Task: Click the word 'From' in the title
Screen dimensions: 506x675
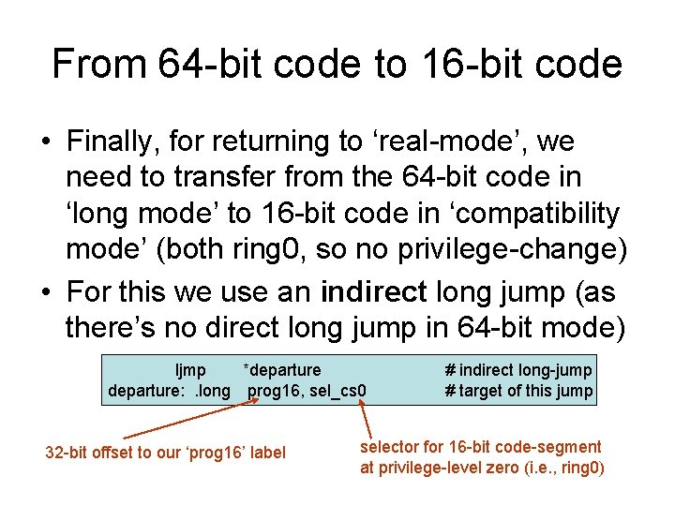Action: click(99, 65)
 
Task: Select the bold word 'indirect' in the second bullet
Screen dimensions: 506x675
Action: click(374, 292)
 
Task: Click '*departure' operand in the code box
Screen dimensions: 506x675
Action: click(281, 371)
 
